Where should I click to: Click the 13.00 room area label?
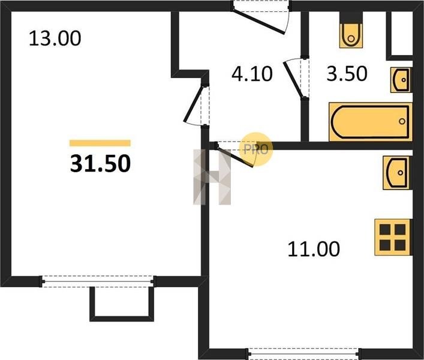(55, 38)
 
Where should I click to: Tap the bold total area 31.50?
(100, 164)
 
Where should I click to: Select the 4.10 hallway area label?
(252, 74)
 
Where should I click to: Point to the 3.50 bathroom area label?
(347, 74)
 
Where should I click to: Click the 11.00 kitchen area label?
(314, 249)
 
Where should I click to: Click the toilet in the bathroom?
(351, 32)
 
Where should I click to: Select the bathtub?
(371, 122)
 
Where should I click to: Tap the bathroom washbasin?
(401, 80)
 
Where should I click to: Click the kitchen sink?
(397, 173)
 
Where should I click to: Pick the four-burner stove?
(393, 237)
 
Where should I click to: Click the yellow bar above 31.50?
(100, 143)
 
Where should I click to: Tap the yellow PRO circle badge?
(256, 149)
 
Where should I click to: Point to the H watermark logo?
(212, 177)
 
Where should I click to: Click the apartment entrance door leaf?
(258, 22)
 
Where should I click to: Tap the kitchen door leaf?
(234, 157)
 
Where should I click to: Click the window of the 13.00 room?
(97, 281)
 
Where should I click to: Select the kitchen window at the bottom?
(305, 353)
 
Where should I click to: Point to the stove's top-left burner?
(385, 230)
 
